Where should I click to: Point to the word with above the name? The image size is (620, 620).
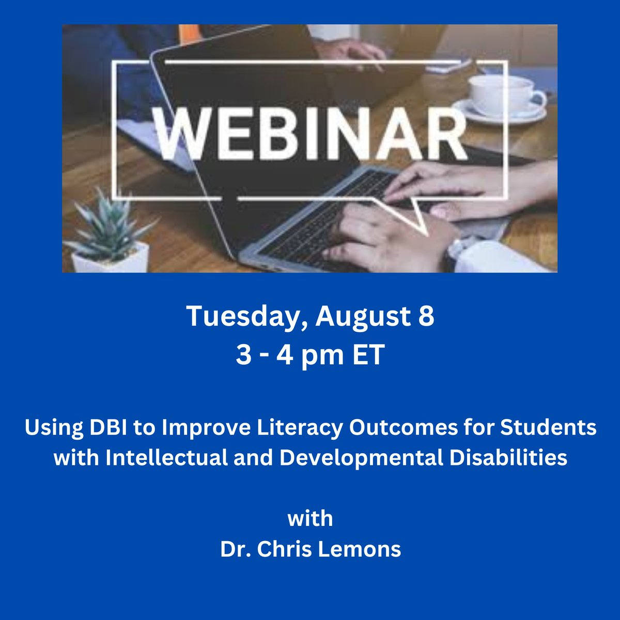pyautogui.click(x=310, y=518)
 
